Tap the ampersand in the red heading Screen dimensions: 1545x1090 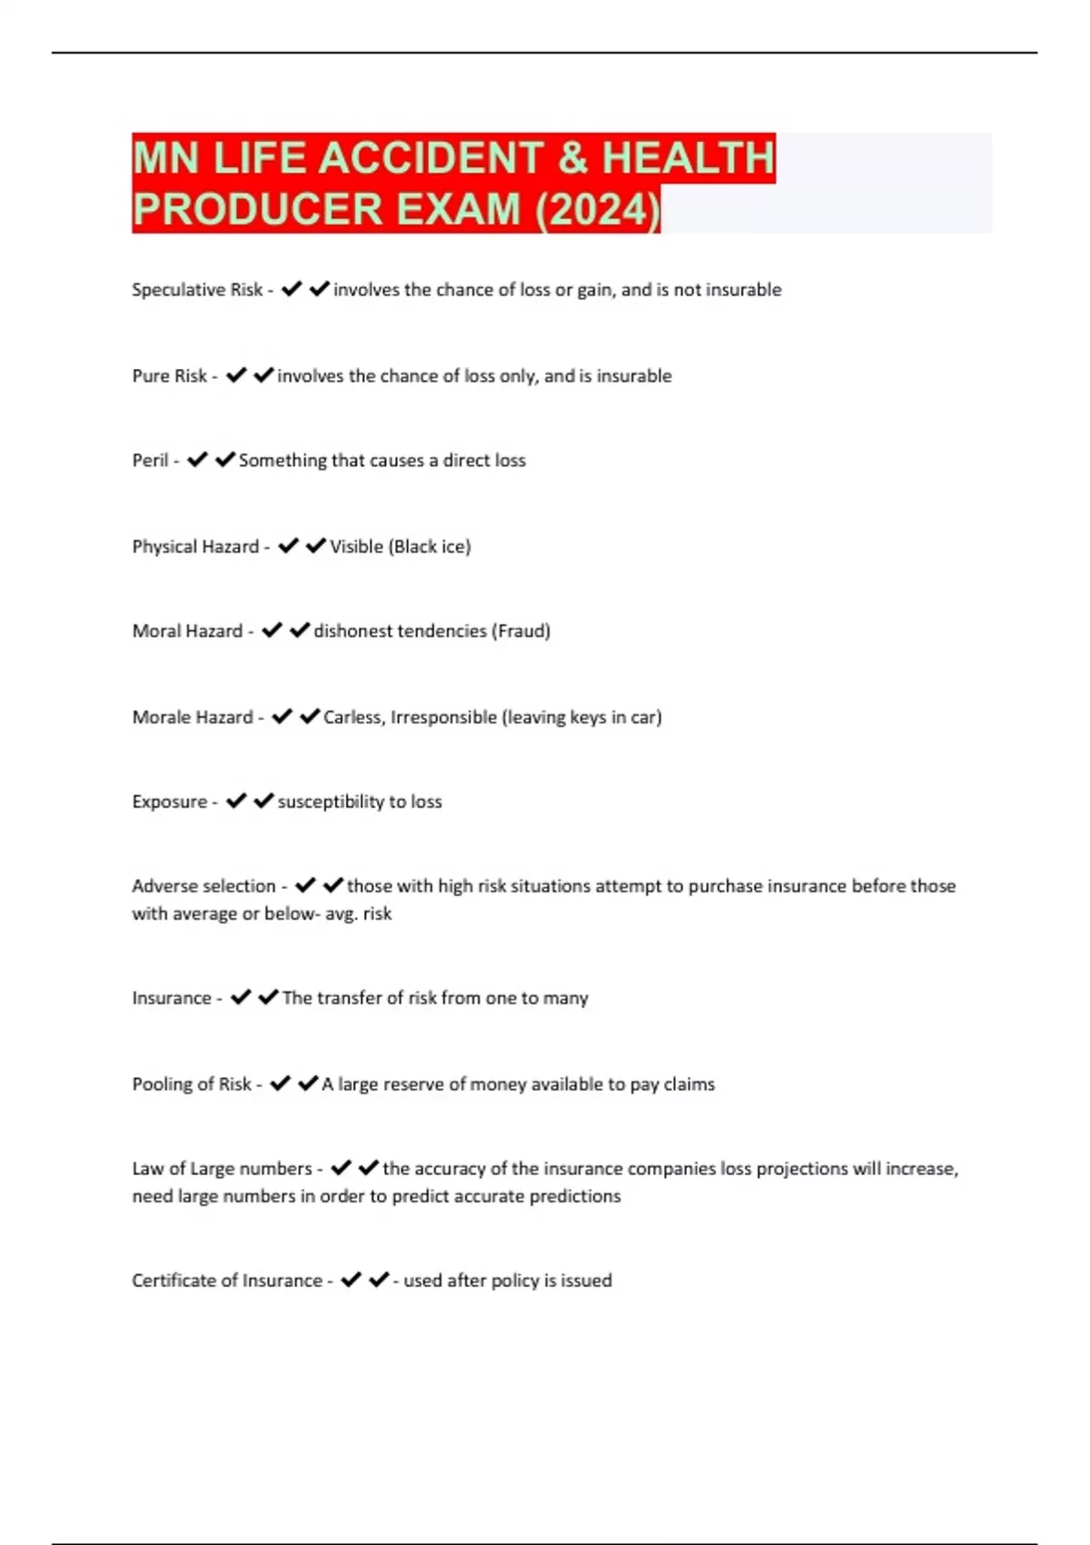(x=572, y=158)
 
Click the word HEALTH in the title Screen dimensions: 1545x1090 (x=688, y=158)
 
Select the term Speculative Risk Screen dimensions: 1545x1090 (x=197, y=290)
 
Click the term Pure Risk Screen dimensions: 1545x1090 (x=170, y=376)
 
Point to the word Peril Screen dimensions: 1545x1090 (x=150, y=461)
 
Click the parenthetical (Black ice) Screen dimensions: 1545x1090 (x=430, y=547)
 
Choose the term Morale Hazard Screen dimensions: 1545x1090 (x=193, y=717)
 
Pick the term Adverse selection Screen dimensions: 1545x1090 (x=203, y=886)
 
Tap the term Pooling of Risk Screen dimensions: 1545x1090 (x=192, y=1084)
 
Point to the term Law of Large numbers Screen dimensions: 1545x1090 (x=222, y=1169)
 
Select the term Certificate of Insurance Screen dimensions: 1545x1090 (x=227, y=1281)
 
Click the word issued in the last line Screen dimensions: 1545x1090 (x=586, y=1281)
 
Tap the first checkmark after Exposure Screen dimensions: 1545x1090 (x=236, y=801)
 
